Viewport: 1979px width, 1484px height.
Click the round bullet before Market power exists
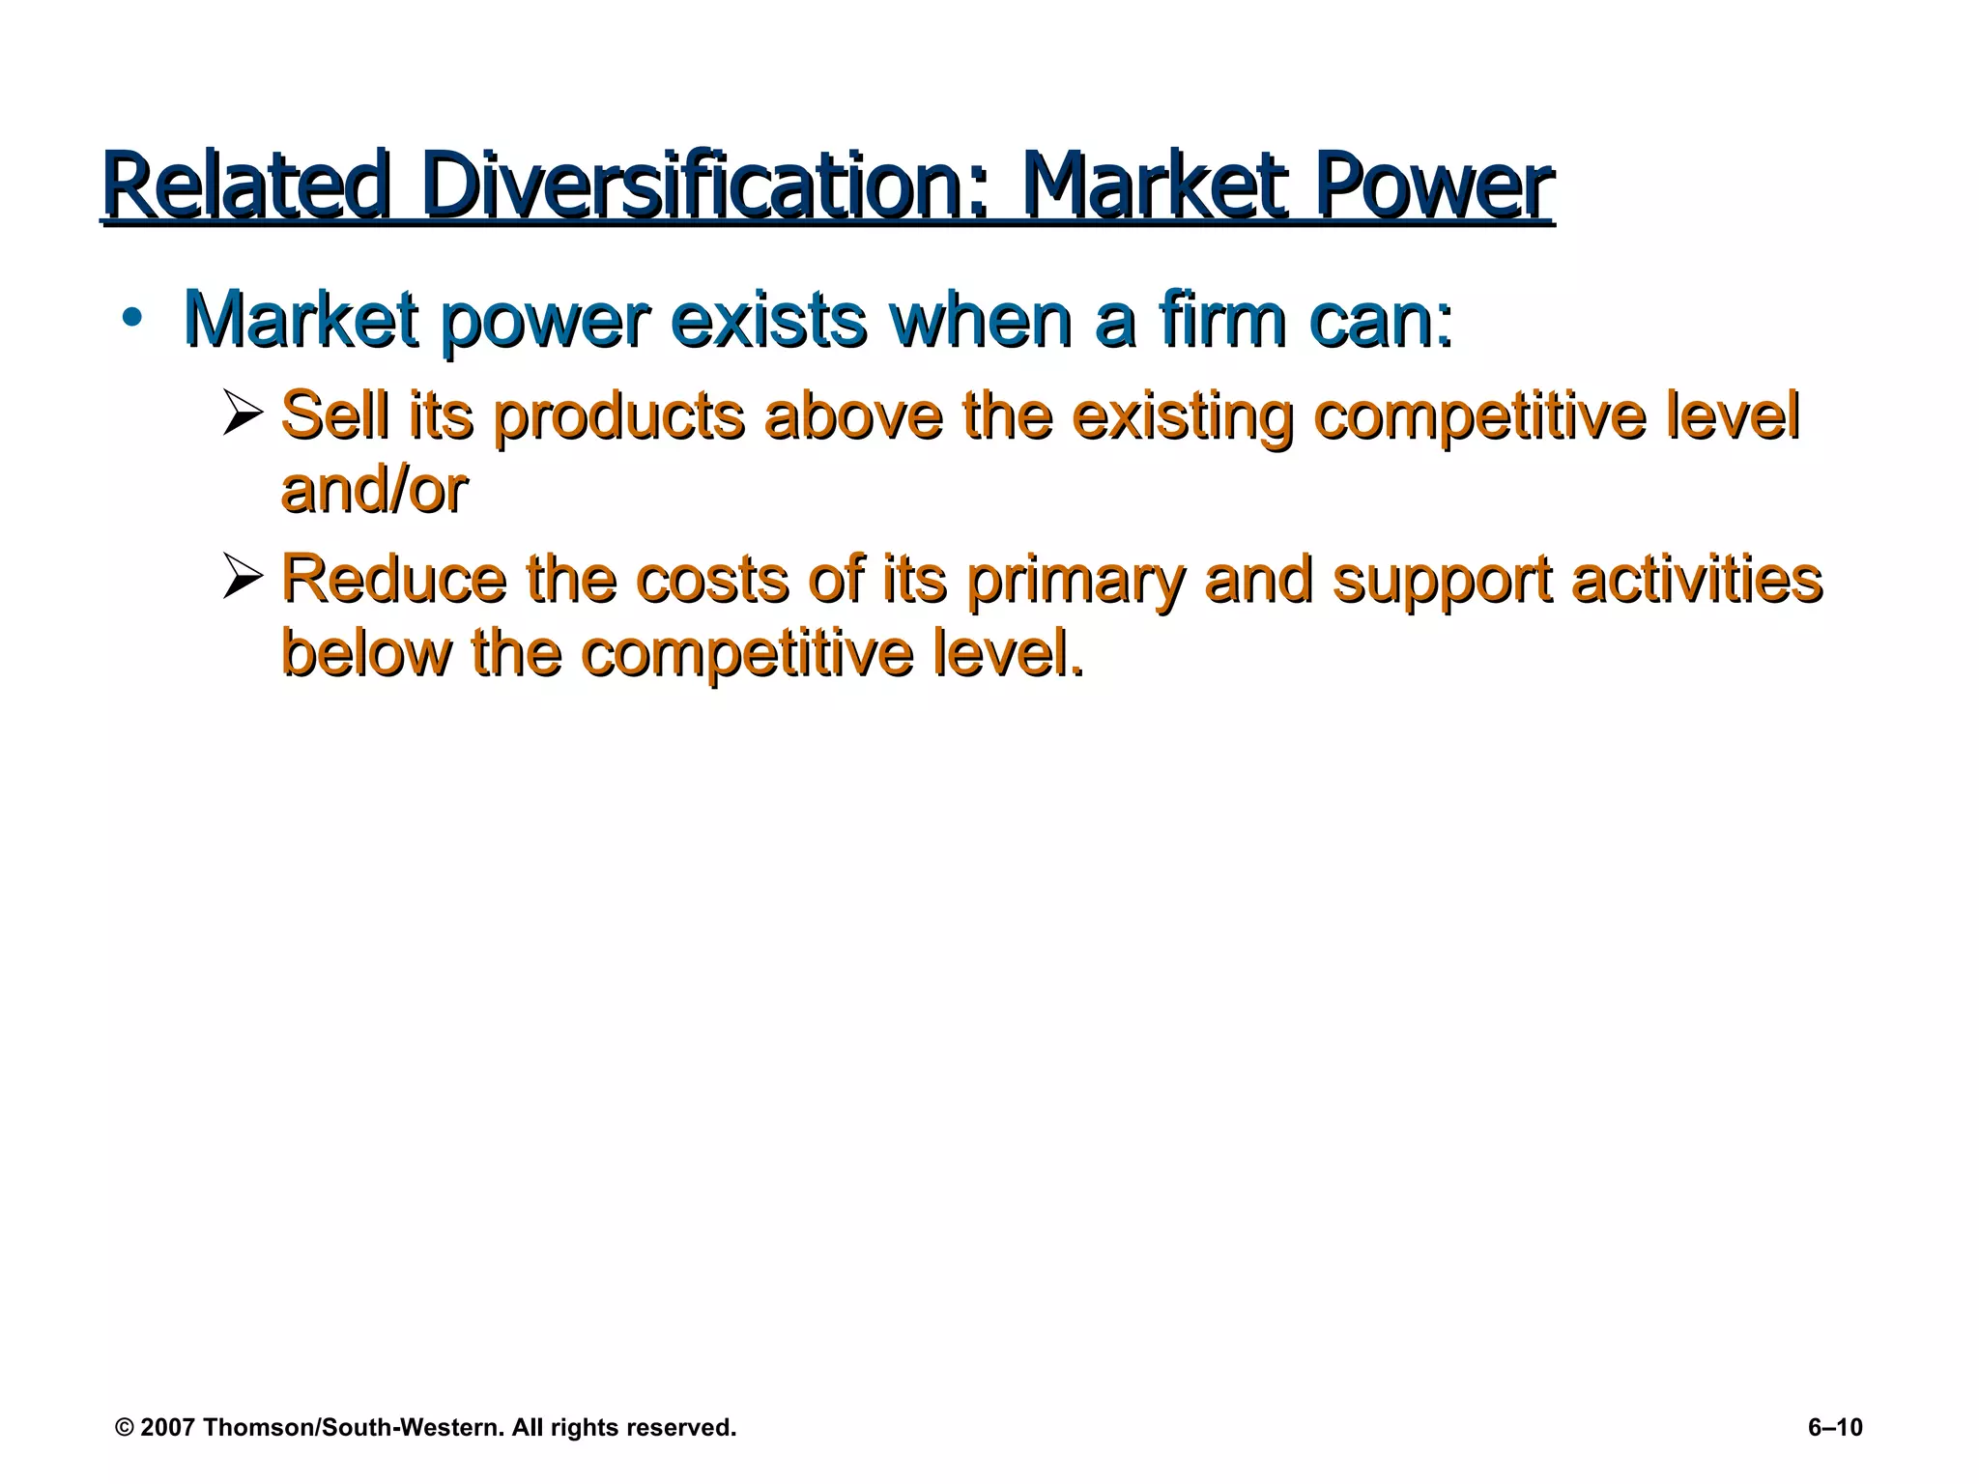[133, 320]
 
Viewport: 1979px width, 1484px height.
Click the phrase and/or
[374, 491]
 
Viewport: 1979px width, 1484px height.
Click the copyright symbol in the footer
[124, 1428]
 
